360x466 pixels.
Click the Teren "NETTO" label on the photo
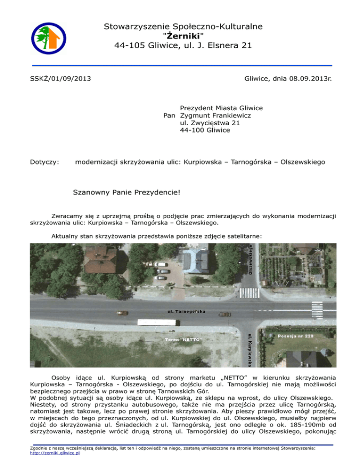coord(182,339)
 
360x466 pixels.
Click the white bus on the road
coord(157,323)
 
